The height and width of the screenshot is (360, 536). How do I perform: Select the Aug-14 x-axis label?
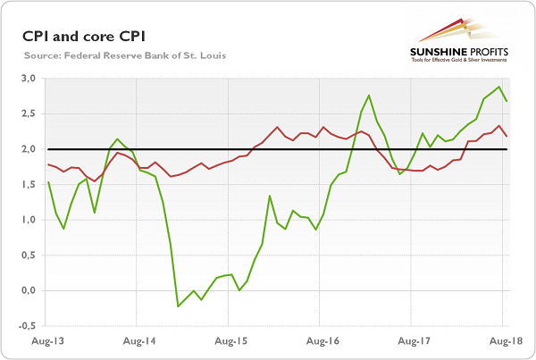138,341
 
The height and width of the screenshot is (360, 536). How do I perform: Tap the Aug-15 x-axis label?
229,341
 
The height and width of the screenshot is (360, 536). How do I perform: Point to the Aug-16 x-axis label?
322,341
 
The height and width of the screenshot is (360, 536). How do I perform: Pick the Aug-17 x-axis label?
413,341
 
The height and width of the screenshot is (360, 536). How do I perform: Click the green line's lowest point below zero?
178,306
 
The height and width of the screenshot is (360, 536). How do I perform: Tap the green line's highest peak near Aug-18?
498,87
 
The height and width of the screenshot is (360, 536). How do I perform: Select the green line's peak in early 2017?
369,95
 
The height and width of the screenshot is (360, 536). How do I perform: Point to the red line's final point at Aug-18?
507,137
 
